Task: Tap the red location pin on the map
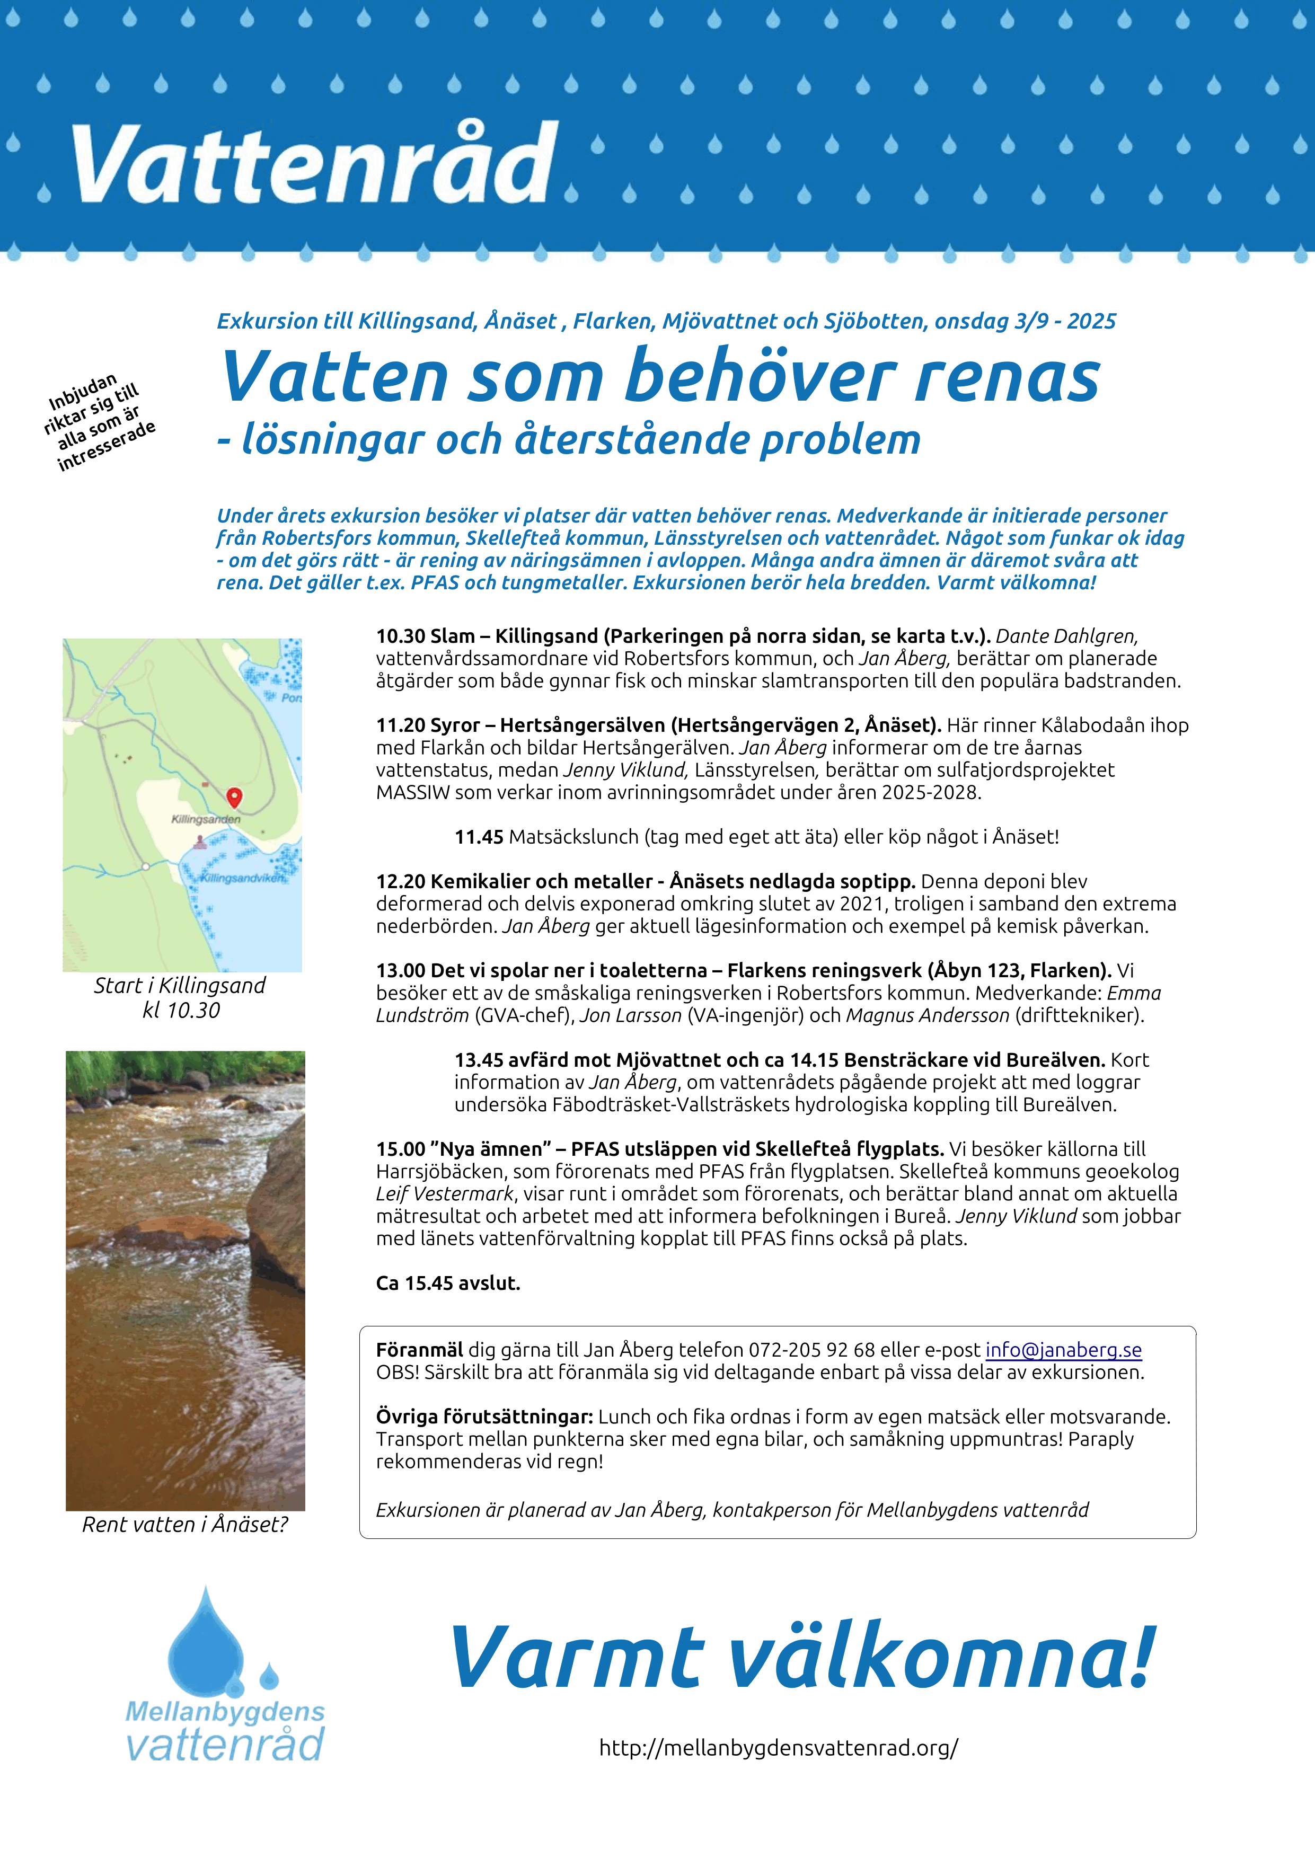click(x=234, y=798)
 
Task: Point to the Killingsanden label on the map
click(x=206, y=819)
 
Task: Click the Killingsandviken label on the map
click(x=242, y=878)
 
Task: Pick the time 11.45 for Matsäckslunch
click(x=479, y=837)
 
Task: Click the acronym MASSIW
click(x=412, y=793)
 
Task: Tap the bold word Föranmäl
click(x=419, y=1350)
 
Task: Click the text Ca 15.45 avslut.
click(x=448, y=1283)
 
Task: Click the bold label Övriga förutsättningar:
click(x=484, y=1417)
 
